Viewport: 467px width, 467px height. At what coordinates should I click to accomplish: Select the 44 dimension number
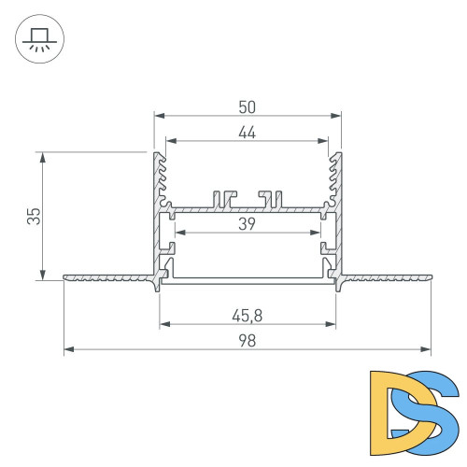[247, 133]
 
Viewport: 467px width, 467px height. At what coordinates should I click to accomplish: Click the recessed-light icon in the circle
[38, 38]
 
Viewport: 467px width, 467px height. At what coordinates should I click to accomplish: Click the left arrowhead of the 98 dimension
[68, 351]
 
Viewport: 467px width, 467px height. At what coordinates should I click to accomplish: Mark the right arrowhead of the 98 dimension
[426, 351]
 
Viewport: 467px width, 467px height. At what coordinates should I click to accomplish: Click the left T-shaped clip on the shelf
[221, 198]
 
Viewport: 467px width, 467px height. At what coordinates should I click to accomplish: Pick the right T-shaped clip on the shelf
[272, 198]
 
